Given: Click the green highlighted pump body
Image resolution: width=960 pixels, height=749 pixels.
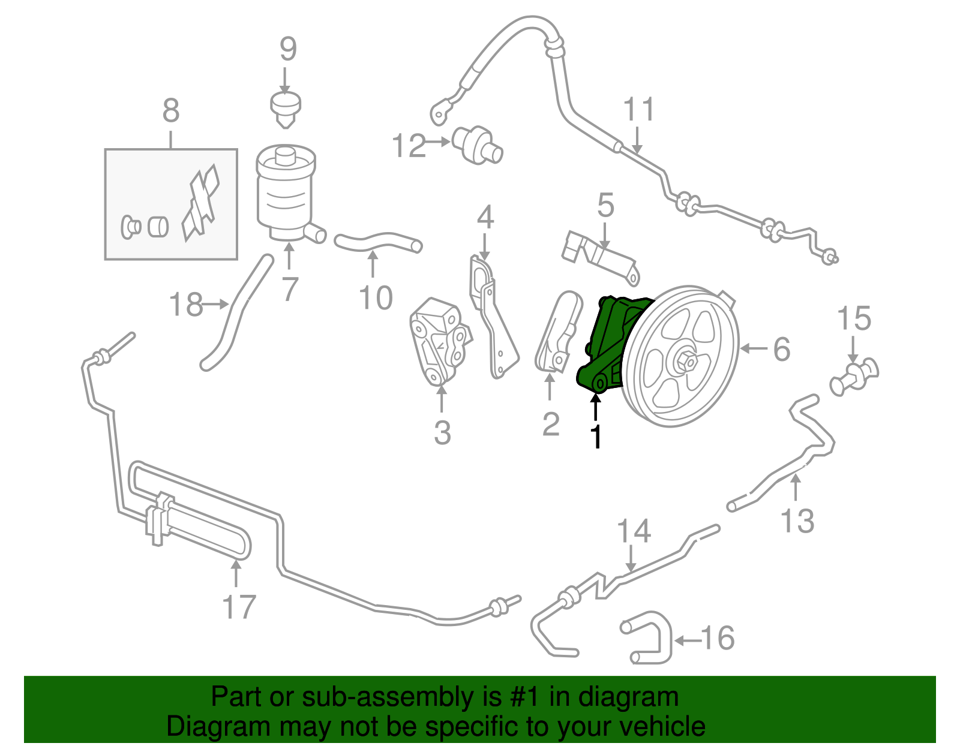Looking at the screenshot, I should [x=609, y=342].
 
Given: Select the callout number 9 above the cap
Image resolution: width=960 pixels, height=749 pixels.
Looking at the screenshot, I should [x=288, y=49].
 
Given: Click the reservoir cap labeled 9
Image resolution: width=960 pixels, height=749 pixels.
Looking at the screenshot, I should [x=286, y=108].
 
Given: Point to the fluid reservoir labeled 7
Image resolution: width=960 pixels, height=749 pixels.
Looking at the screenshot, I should [x=286, y=192].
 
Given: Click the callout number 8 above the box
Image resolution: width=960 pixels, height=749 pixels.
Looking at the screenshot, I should [x=171, y=111].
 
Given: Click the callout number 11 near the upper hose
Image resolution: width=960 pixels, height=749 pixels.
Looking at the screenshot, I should [x=639, y=110].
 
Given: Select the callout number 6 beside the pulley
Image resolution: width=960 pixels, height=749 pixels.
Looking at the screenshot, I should [x=781, y=349].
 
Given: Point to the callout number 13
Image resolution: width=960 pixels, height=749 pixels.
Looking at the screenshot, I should [x=797, y=521].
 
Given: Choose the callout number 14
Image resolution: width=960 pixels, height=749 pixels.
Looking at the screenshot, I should [x=634, y=531].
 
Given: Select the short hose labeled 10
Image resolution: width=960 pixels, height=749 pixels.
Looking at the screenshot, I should [x=378, y=242].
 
